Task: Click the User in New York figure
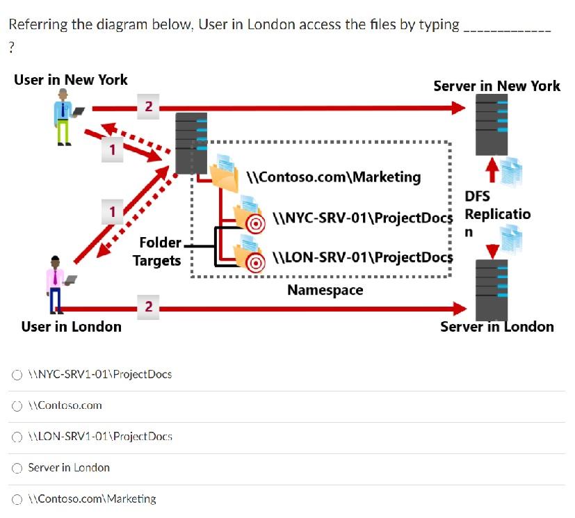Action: tap(65, 117)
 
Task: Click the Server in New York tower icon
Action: tap(491, 124)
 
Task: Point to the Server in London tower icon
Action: tap(491, 289)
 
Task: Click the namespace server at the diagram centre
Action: tap(191, 143)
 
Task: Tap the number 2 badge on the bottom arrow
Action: tap(147, 306)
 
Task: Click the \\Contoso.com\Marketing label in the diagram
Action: tap(334, 177)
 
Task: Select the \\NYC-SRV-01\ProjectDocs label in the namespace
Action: tap(362, 218)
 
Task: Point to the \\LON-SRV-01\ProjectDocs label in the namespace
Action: tap(362, 257)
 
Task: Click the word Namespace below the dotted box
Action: tap(325, 290)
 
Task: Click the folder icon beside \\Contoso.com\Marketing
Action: tap(225, 178)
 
